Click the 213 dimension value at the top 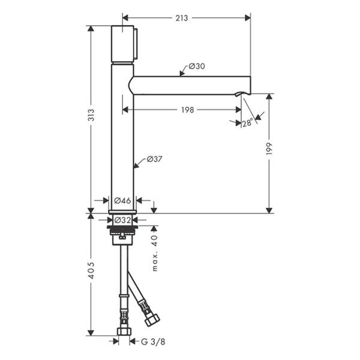tap(181, 18)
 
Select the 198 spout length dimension tap(186, 110)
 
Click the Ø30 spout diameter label tap(197, 67)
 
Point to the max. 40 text tap(155, 253)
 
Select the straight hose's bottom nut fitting tap(124, 331)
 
